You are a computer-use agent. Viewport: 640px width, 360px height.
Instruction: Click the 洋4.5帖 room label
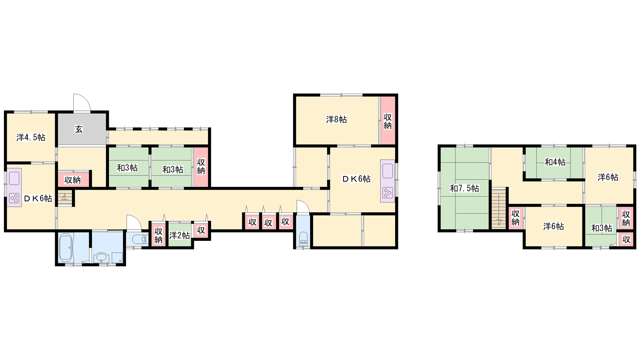[x=31, y=138]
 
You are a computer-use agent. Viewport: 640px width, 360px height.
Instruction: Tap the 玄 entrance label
[x=79, y=129]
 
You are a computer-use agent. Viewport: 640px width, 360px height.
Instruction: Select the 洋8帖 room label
[x=336, y=120]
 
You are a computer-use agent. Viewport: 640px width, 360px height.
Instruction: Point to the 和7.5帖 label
[x=464, y=188]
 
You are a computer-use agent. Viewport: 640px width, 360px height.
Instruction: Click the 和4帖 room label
[x=555, y=162]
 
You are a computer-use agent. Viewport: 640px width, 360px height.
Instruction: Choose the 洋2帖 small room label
[x=180, y=236]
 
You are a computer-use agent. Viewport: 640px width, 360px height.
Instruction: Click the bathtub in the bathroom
[x=66, y=248]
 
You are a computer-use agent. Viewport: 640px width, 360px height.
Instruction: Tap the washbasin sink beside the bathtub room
[x=102, y=258]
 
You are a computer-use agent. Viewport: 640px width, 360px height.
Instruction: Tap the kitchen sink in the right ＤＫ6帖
[x=388, y=171]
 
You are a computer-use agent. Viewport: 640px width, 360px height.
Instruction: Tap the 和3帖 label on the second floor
[x=602, y=228]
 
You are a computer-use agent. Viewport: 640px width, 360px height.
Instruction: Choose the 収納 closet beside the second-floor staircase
[x=516, y=218]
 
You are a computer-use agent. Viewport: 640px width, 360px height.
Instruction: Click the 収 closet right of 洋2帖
[x=201, y=230]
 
